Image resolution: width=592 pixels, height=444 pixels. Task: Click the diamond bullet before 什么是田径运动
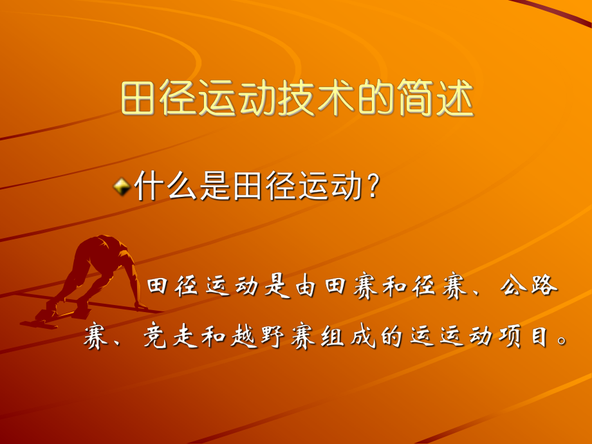pos(120,187)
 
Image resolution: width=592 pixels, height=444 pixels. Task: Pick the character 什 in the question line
pos(148,187)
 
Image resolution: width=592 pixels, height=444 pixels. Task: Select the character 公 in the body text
pos(512,288)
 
